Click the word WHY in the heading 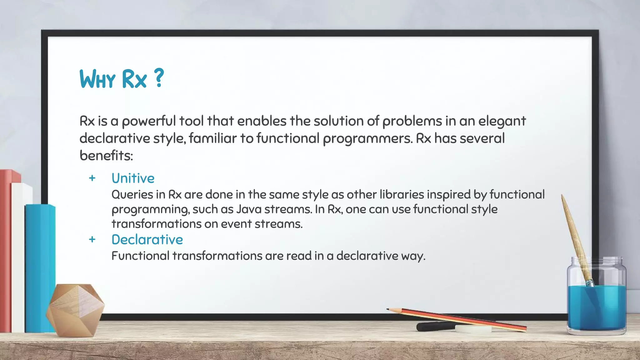[x=97, y=79]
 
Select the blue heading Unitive [x=133, y=178]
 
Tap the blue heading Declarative [x=147, y=240]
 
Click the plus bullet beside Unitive [x=92, y=178]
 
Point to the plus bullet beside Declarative [x=92, y=239]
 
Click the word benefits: [x=106, y=155]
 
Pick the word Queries [x=132, y=195]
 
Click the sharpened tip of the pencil [x=388, y=309]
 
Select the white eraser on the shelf [x=473, y=329]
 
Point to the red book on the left [x=6, y=250]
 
